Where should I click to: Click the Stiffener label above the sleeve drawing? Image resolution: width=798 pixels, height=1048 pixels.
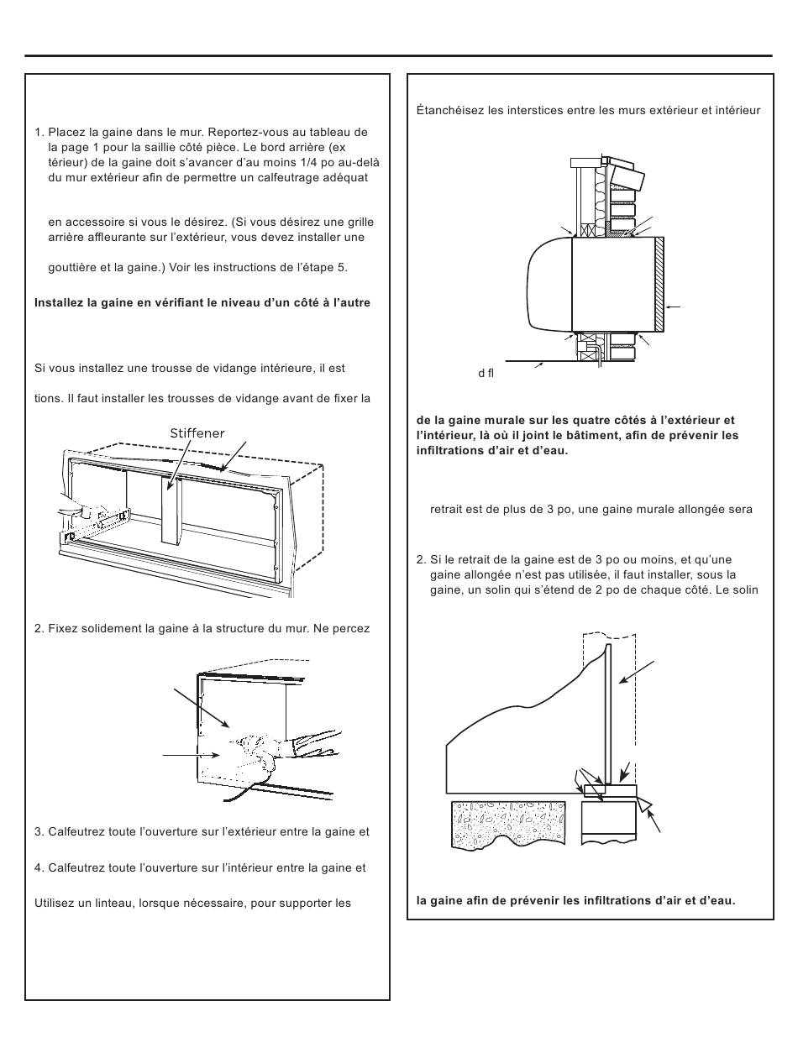point(197,433)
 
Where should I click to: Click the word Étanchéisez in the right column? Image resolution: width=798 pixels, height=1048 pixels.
point(449,110)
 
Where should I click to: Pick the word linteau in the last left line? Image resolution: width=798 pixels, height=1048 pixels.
point(116,904)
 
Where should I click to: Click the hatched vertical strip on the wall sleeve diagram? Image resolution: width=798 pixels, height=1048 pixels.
point(659,285)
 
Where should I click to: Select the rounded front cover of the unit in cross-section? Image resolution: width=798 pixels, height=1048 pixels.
point(550,285)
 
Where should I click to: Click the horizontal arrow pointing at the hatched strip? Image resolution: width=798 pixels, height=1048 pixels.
point(673,307)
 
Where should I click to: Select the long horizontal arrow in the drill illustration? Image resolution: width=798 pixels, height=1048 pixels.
point(191,755)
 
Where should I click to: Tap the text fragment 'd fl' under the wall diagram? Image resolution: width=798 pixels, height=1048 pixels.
point(486,373)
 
